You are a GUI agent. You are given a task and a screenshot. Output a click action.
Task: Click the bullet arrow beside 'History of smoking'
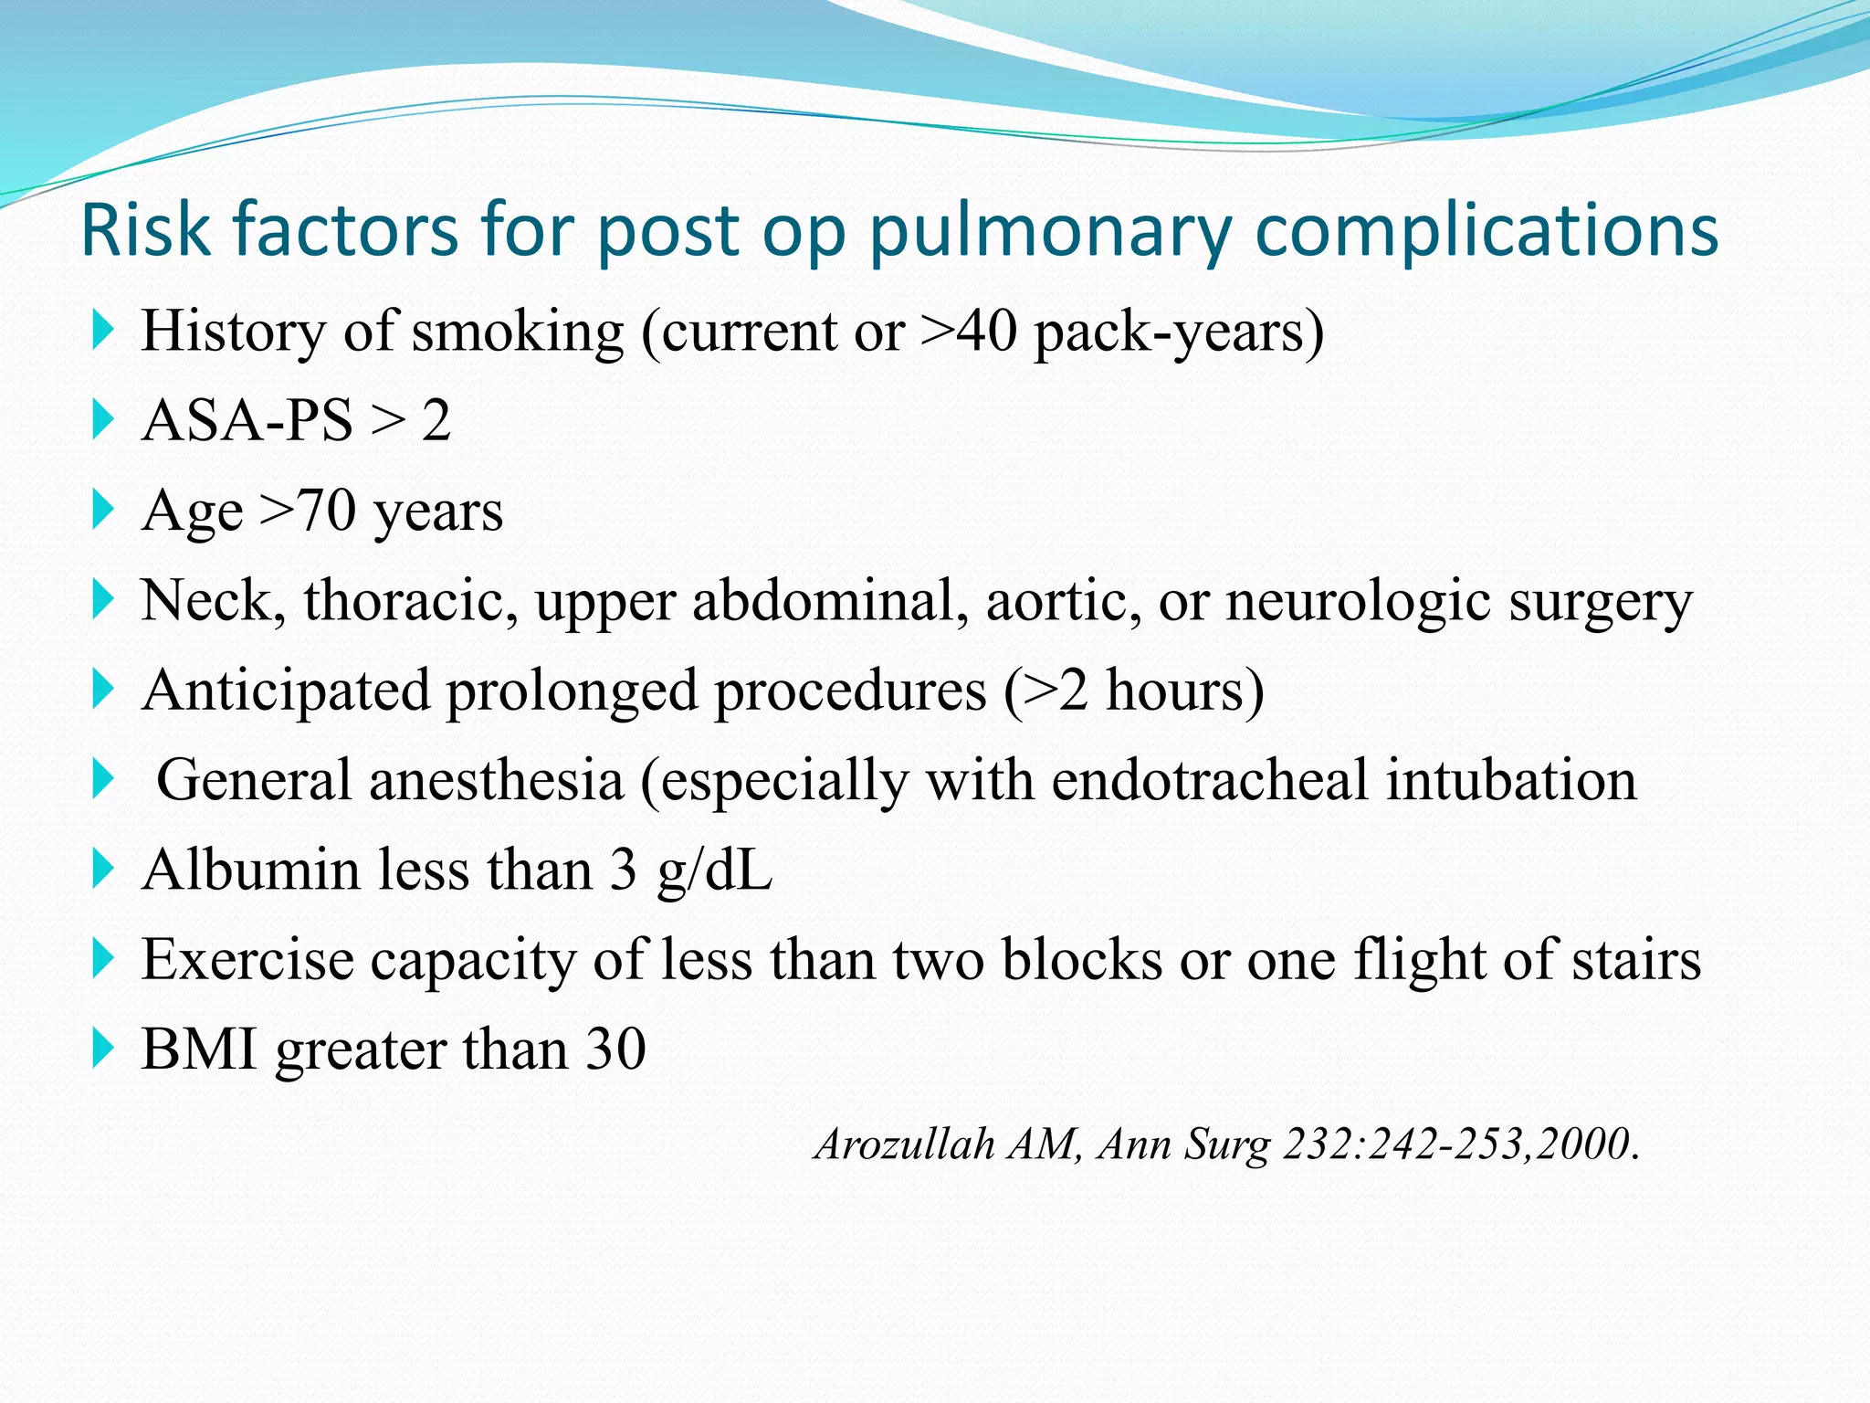click(x=103, y=330)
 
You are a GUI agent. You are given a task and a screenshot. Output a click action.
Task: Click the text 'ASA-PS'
click(x=247, y=420)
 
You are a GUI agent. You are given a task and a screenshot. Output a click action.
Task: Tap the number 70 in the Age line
click(x=326, y=510)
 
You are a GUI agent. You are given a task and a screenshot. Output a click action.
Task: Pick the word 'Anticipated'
click(x=286, y=690)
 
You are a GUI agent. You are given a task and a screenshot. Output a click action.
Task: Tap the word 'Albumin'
click(x=251, y=869)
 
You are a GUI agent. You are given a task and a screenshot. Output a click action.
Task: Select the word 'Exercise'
click(x=247, y=959)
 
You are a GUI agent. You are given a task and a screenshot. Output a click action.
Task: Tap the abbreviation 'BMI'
click(x=199, y=1049)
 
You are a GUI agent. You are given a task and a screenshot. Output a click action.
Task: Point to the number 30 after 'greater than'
click(x=615, y=1049)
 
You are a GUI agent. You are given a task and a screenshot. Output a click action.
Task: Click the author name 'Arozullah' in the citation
click(x=904, y=1144)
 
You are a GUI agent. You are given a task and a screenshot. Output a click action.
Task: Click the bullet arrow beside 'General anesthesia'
click(x=103, y=780)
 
